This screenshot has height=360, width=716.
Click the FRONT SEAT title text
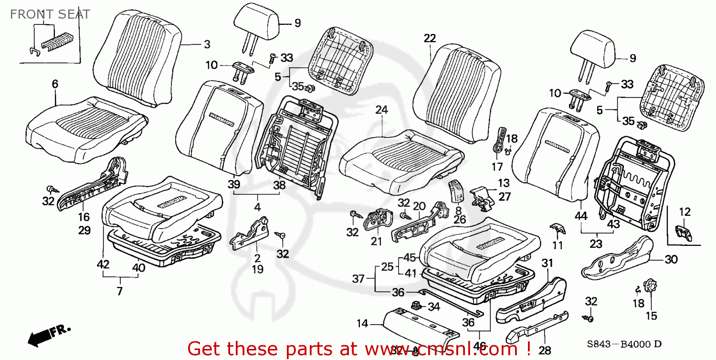[50, 14]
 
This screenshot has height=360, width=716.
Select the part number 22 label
[430, 39]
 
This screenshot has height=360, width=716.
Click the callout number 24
[381, 110]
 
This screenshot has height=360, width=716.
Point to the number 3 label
[207, 44]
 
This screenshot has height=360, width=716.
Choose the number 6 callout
[55, 84]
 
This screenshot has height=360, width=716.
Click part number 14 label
[362, 324]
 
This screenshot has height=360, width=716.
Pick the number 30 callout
[671, 260]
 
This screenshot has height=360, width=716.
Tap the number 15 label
[652, 315]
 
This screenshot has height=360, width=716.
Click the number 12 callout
[685, 211]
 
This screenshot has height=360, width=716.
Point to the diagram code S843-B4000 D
[625, 344]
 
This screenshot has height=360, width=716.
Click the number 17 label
[497, 167]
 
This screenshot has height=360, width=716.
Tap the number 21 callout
[377, 242]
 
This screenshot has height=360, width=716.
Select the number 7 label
[119, 291]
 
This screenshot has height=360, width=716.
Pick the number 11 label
[558, 245]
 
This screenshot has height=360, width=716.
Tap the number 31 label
[547, 263]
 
